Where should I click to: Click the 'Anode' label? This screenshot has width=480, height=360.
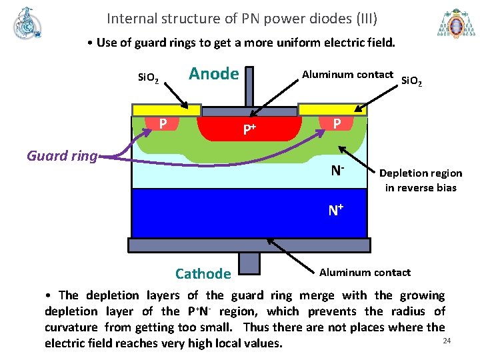213,73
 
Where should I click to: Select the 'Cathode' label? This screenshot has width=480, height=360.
203,273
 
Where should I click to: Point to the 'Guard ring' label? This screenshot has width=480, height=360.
61,156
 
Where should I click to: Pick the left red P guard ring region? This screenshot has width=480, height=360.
163,123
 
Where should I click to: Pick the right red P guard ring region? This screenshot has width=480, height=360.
337,123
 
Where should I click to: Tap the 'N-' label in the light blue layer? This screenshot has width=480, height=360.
337,171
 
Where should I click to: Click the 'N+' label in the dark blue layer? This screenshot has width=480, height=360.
335,211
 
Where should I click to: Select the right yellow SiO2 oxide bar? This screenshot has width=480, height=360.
332,109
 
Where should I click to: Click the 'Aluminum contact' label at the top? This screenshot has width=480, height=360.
347,74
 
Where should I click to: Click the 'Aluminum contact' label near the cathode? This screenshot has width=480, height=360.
365,272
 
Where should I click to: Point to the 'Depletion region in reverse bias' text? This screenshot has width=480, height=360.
420,180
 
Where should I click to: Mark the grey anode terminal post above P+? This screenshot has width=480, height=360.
251,86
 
